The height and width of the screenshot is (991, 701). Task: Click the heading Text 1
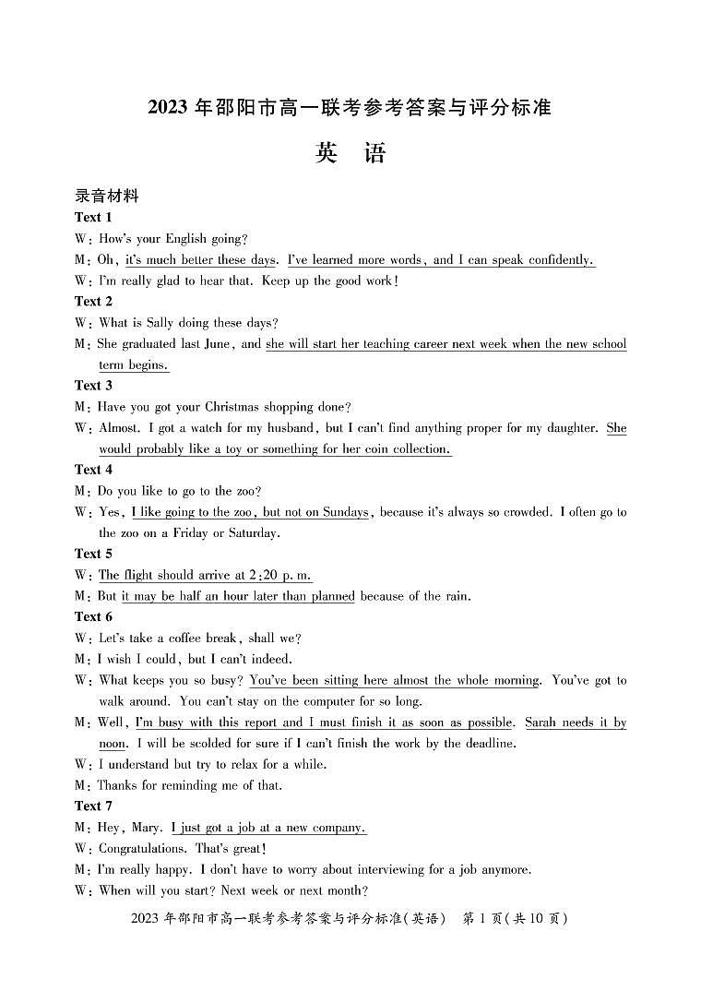tap(93, 218)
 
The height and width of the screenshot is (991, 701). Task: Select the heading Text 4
tap(93, 470)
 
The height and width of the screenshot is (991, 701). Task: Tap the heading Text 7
tap(93, 806)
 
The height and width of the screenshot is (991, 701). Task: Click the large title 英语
tap(350, 153)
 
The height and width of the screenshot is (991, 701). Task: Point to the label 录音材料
tap(106, 196)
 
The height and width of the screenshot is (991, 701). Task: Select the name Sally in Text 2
tap(179, 323)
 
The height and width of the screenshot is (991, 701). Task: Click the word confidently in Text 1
tap(555, 260)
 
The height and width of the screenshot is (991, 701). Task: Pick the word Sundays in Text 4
tap(346, 512)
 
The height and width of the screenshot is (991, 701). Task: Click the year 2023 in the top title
tap(169, 108)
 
